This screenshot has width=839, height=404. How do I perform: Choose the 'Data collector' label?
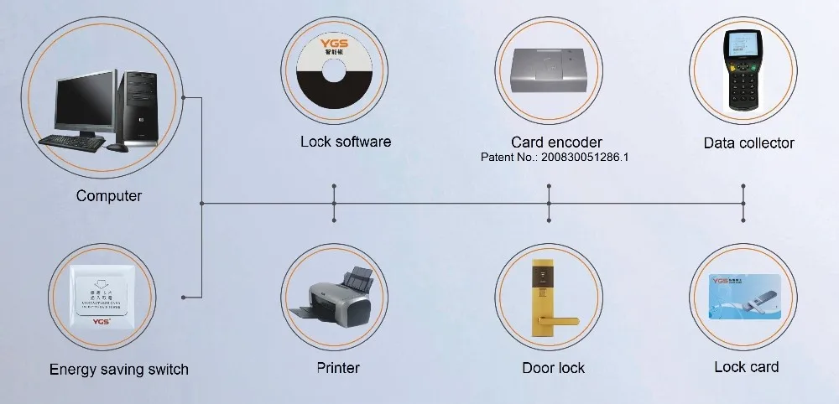click(748, 143)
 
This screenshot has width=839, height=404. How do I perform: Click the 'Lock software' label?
click(346, 142)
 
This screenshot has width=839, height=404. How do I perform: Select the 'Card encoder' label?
click(556, 142)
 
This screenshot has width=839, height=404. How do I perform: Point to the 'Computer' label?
click(109, 196)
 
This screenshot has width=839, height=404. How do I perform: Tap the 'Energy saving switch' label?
click(119, 369)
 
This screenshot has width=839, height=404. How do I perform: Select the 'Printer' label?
click(338, 367)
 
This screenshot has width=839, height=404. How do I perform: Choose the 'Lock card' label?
click(746, 366)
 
